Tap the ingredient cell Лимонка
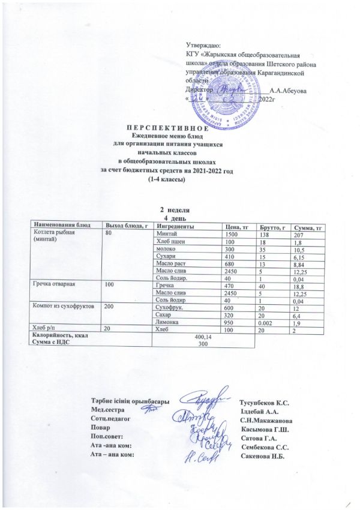click(x=167, y=322)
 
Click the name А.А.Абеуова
click(x=289, y=91)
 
